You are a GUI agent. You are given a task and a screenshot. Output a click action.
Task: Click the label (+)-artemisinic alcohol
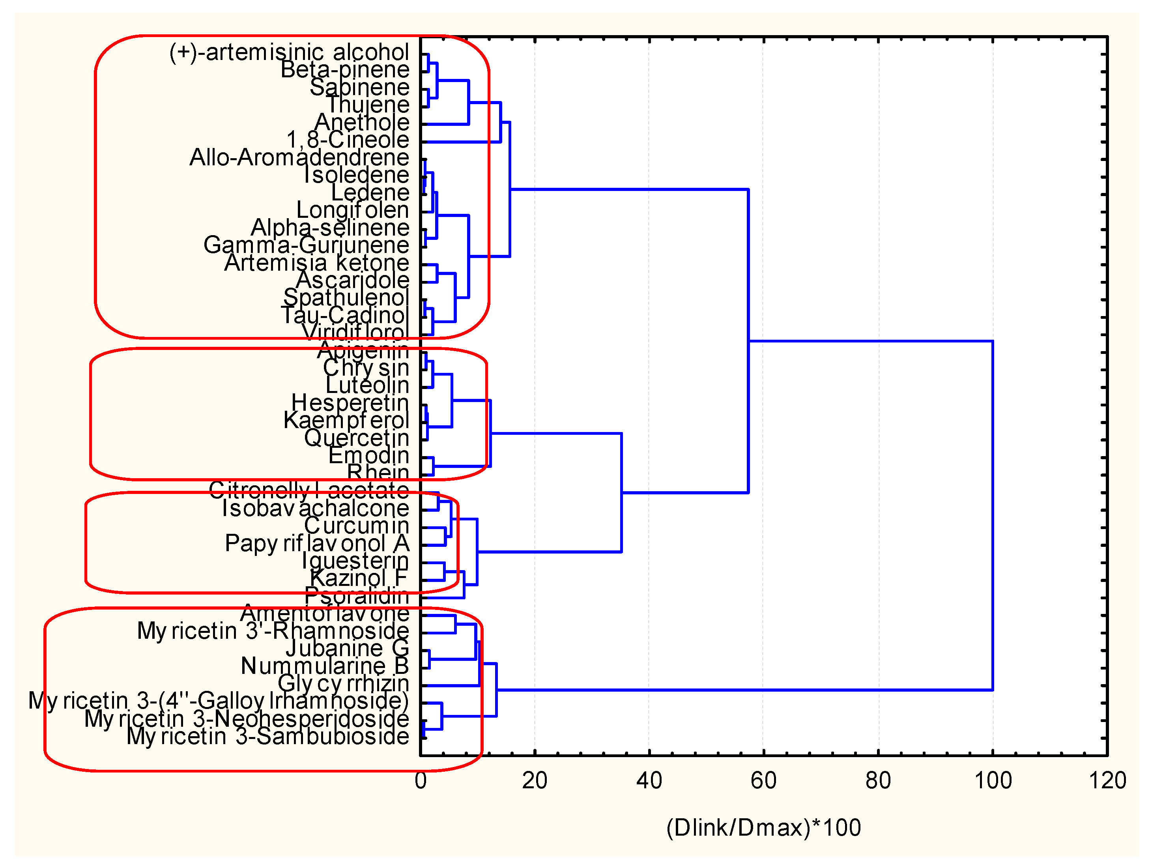(x=289, y=52)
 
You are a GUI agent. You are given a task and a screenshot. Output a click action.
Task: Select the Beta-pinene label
(x=345, y=70)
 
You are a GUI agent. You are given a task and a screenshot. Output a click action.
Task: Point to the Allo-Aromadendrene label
(x=299, y=157)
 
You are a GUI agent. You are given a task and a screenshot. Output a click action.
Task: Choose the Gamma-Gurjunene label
(x=306, y=245)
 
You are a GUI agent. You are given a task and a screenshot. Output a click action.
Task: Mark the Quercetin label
(x=357, y=438)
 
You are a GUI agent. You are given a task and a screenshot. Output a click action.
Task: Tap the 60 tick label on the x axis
(x=763, y=781)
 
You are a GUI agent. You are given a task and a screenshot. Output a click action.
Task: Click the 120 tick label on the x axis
(x=1107, y=781)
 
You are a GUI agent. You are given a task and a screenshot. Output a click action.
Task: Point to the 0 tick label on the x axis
(x=421, y=781)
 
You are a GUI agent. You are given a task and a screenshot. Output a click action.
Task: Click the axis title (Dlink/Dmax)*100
(x=763, y=827)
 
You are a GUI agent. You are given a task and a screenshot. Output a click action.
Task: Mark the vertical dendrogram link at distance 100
(x=993, y=515)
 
